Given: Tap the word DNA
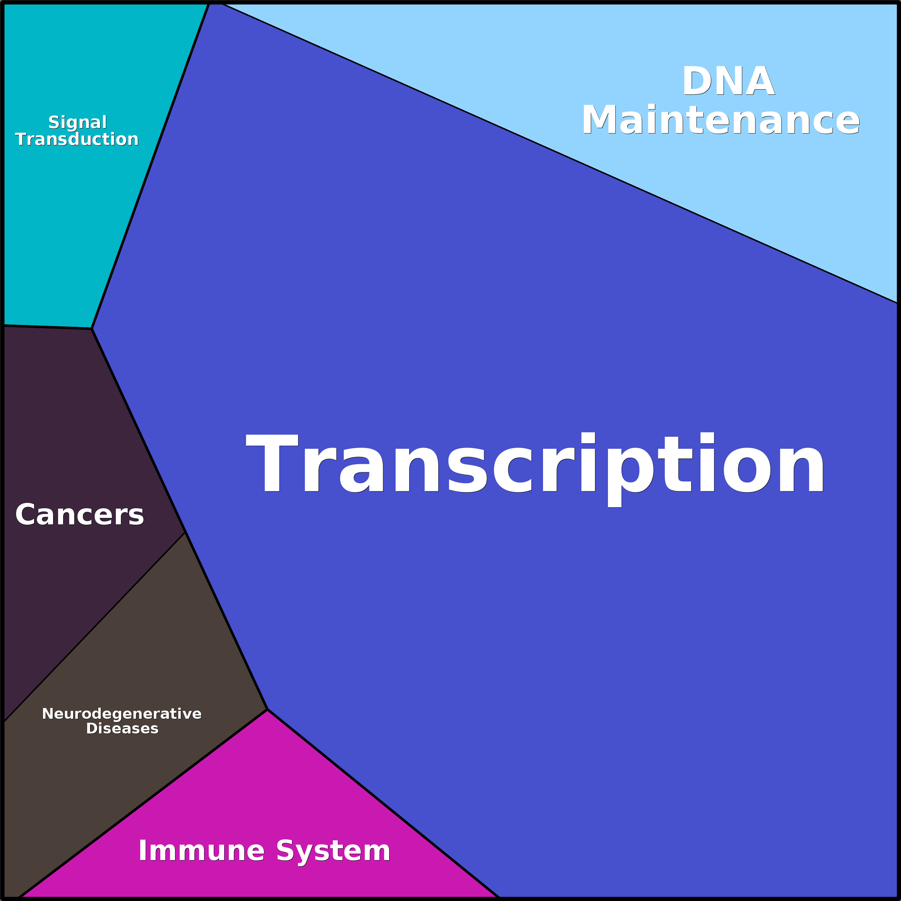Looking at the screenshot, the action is tap(728, 81).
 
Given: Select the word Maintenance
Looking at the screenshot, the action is tap(721, 120).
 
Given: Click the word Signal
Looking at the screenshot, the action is tap(78, 123).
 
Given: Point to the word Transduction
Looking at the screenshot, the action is tap(77, 139).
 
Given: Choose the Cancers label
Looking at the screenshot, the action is tap(80, 514).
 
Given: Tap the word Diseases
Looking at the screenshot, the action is tap(122, 728).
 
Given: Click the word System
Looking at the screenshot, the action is tap(333, 852).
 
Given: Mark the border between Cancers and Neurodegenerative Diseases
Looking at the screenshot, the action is tap(95, 627).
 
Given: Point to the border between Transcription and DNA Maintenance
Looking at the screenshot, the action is tap(560, 154).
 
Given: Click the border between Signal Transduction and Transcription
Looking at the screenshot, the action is tap(150, 166).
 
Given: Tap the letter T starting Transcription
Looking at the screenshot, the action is tap(272, 462).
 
